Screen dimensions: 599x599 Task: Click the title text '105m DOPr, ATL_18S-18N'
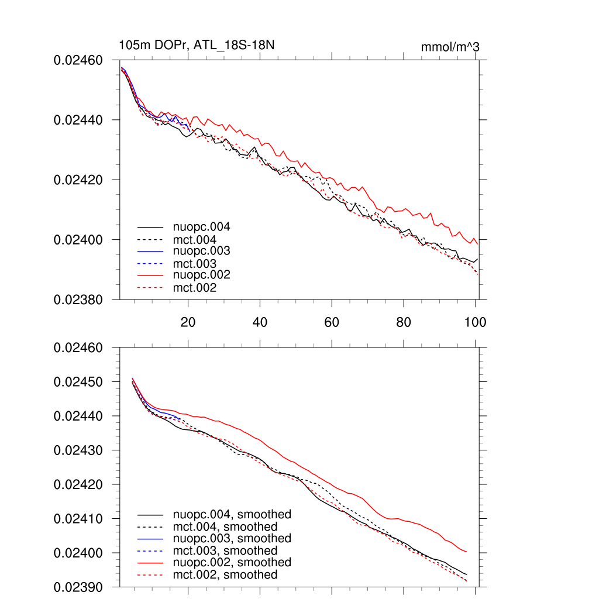tap(197, 46)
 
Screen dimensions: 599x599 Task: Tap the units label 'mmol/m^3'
tap(450, 47)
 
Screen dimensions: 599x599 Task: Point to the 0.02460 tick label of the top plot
tap(78, 60)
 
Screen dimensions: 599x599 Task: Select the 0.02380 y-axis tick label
tap(78, 299)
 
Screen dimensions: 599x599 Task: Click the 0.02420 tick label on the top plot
tap(78, 180)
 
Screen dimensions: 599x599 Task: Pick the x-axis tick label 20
tap(188, 322)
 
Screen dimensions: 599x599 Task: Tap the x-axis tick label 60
tap(332, 322)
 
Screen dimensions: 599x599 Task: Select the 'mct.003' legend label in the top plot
tap(195, 264)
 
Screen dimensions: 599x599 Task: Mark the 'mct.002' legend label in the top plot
tap(195, 288)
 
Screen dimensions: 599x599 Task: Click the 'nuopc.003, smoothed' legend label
tap(232, 538)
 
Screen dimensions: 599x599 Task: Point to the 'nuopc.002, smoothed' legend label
tap(232, 562)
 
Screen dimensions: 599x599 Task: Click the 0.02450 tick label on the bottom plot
tap(78, 382)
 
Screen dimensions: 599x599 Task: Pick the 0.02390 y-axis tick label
tap(78, 587)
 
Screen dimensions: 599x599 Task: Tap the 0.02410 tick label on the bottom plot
tap(78, 519)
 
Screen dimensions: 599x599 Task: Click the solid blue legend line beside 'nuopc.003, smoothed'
tap(150, 539)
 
